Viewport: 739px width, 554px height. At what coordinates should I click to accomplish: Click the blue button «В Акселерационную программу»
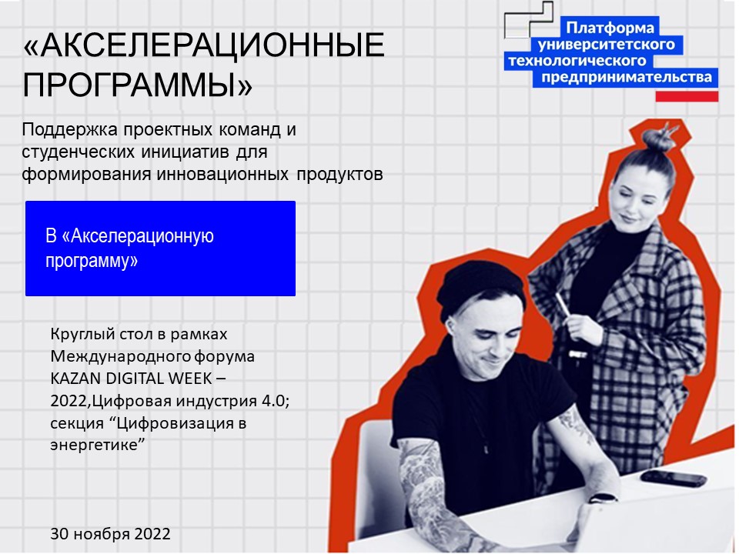[160, 249]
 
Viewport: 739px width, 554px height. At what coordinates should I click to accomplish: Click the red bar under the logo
[687, 96]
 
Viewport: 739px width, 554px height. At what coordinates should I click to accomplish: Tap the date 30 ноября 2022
[110, 533]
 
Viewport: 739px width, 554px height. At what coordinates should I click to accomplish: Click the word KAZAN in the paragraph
[75, 379]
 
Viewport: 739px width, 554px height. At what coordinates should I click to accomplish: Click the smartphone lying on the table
[673, 478]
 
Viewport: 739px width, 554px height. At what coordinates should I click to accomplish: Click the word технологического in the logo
[577, 61]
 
